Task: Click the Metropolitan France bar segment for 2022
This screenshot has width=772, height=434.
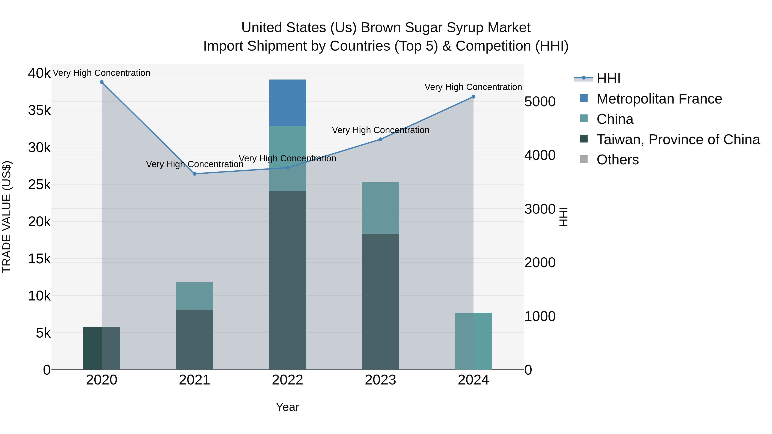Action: pyautogui.click(x=287, y=103)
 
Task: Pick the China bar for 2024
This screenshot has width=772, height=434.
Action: pyautogui.click(x=473, y=341)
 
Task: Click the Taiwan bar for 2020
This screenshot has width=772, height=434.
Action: pyautogui.click(x=102, y=348)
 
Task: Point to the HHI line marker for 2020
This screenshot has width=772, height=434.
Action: pyautogui.click(x=102, y=82)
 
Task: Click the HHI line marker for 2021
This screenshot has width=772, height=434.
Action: pyautogui.click(x=195, y=174)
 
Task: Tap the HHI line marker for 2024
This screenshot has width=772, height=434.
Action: pyautogui.click(x=473, y=97)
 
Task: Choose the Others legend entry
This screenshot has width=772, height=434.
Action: pyautogui.click(x=617, y=160)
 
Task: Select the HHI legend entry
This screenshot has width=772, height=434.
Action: pyautogui.click(x=608, y=78)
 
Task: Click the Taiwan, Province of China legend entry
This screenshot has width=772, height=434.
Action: pyautogui.click(x=678, y=140)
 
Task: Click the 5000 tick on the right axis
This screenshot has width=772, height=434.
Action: pyautogui.click(x=540, y=102)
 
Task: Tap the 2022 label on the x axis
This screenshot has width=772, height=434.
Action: pyautogui.click(x=287, y=380)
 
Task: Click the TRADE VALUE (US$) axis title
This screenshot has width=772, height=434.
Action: pyautogui.click(x=7, y=217)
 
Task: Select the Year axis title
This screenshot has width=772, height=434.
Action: pyautogui.click(x=287, y=407)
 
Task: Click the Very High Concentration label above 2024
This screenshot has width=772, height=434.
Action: pyautogui.click(x=473, y=87)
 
